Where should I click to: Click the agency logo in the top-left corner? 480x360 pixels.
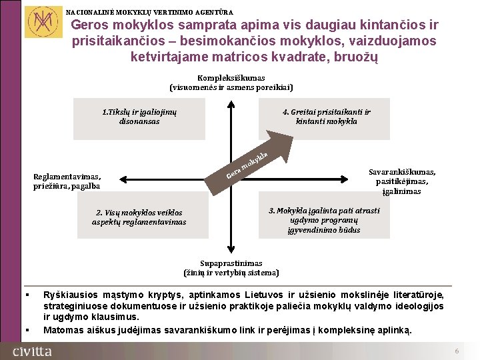40,21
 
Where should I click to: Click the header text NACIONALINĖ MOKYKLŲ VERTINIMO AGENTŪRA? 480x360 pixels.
150,12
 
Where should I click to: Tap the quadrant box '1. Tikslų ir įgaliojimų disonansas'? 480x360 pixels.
139,117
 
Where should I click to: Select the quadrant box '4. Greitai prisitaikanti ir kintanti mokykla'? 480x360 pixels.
326,117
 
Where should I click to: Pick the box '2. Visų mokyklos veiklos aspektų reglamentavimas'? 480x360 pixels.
139,217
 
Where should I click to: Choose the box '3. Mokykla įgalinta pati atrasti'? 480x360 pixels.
324,220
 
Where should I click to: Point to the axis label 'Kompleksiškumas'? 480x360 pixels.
231,78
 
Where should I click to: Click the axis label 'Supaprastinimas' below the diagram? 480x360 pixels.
231,263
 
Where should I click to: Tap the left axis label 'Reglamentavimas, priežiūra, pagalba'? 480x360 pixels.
67,181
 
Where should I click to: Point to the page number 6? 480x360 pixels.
457,351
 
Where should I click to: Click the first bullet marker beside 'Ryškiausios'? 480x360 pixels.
27,295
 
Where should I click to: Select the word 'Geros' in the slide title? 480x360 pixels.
88,25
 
